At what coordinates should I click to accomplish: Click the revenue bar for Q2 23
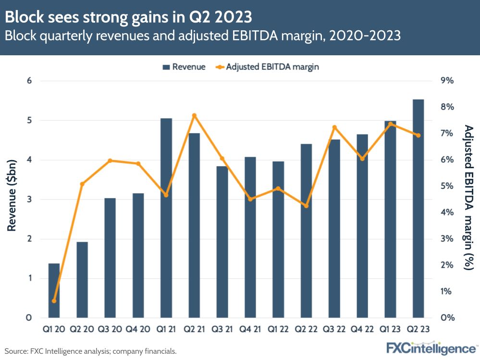[x=418, y=209]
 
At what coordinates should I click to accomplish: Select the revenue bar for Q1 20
[x=54, y=290]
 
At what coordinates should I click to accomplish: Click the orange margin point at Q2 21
[x=195, y=115]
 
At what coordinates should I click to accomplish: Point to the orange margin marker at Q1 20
[x=54, y=301]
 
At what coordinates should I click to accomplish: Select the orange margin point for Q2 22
[x=306, y=206]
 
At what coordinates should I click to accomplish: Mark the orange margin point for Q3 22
[x=334, y=127]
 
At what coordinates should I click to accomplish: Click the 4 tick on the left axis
[x=29, y=160]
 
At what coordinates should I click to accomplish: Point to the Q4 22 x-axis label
[x=362, y=330]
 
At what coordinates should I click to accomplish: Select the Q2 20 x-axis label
[x=82, y=330]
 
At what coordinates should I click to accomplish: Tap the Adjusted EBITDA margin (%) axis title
[x=468, y=197]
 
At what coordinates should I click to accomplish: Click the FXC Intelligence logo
[x=431, y=348]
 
